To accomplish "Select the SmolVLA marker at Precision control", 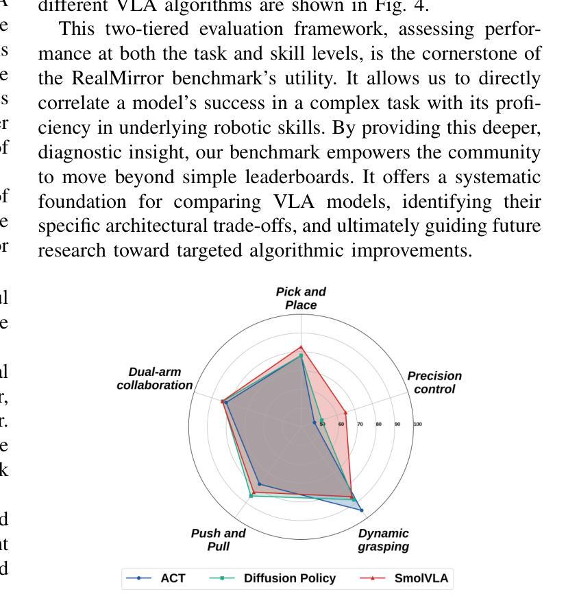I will point(345,413).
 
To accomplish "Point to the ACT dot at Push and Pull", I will point(259,484).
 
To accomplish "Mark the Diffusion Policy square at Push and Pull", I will point(251,495).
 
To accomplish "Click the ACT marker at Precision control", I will point(315,423).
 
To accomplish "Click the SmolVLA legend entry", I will point(405,578).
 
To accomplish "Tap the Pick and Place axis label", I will point(301,298).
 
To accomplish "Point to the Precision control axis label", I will point(434,383).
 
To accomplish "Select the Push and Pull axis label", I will point(218,540).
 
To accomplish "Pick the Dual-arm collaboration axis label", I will point(155,379).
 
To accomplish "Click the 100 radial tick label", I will point(417,425).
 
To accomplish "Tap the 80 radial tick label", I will point(378,425).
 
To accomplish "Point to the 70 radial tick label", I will point(360,425).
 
